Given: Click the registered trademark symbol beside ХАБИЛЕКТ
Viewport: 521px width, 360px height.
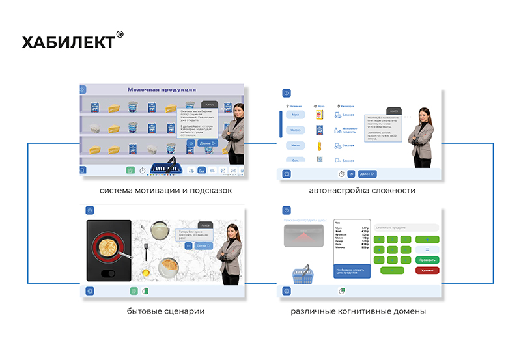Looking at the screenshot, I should pos(119,35).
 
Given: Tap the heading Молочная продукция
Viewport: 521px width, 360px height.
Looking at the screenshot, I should pos(162,90).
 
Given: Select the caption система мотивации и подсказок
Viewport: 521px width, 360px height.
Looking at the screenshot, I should pos(165,191).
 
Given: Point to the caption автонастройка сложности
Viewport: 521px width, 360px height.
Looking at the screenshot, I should pos(362,191).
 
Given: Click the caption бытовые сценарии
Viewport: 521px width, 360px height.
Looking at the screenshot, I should pos(165,311).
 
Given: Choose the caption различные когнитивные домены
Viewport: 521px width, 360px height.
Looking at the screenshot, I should pos(358,311).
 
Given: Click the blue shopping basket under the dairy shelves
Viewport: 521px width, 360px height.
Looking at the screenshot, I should pos(165,167).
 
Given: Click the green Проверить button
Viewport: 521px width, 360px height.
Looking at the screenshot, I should pos(427,260).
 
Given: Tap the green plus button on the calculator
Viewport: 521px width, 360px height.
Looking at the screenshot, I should pos(427,240).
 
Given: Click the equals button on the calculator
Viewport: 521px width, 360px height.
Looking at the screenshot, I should pos(427,249).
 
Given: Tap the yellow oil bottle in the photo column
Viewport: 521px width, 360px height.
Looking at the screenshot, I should pos(320,146).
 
